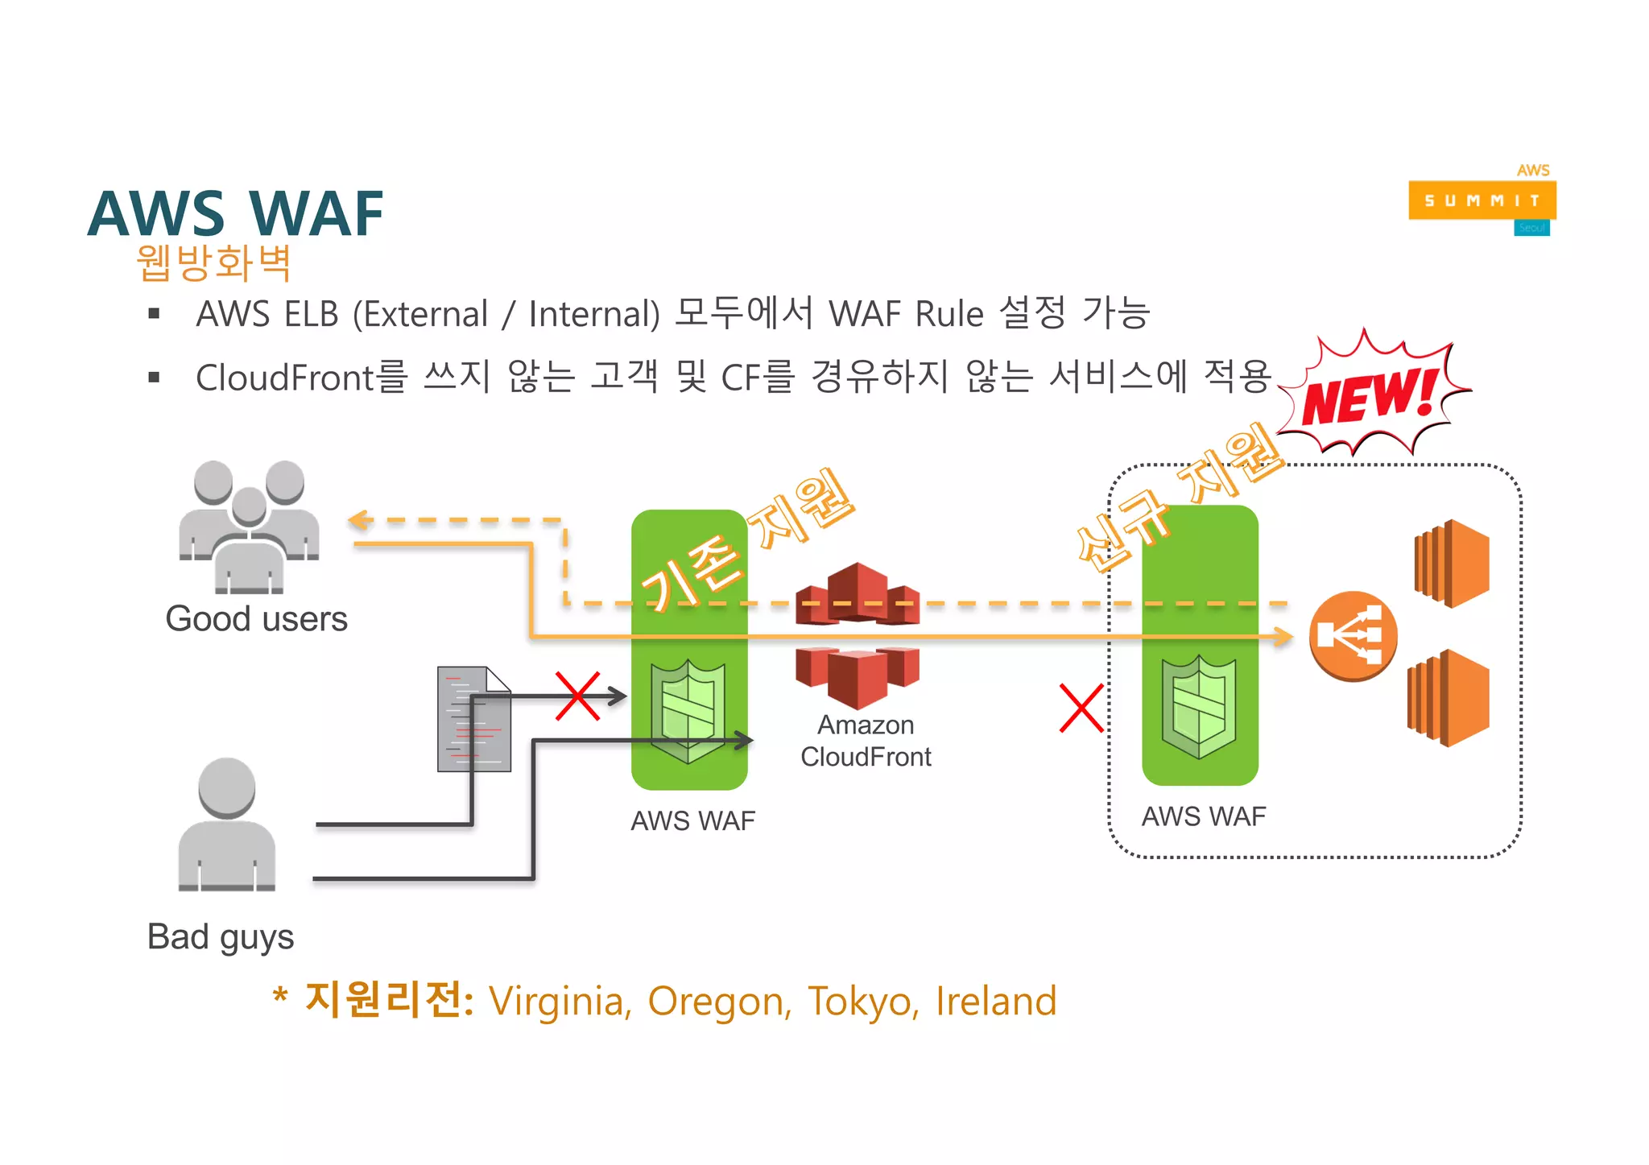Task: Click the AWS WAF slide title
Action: [x=235, y=214]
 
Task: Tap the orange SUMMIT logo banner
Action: [x=1482, y=200]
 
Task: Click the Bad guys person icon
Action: [x=226, y=824]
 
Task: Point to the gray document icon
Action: [x=473, y=719]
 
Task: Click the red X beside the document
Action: [x=577, y=696]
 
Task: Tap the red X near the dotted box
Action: [x=1081, y=709]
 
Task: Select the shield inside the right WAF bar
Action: [x=1199, y=706]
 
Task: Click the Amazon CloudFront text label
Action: [x=866, y=741]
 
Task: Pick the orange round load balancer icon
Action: [x=1353, y=636]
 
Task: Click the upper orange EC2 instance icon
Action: [x=1452, y=563]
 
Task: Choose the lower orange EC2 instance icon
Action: [x=1449, y=698]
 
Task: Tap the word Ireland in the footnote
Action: [x=995, y=1001]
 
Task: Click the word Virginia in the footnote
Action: [x=560, y=1002]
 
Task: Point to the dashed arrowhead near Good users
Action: [x=359, y=520]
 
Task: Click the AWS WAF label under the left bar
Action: [x=692, y=820]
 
